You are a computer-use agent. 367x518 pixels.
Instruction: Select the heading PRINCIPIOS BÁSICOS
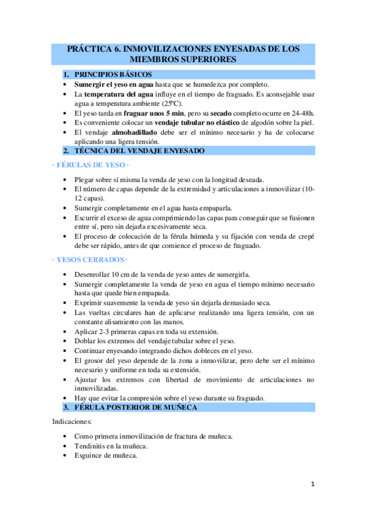(117, 75)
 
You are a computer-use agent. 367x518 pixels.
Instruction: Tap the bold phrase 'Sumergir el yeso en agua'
(114, 84)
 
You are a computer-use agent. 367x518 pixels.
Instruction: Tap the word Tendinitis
(92, 446)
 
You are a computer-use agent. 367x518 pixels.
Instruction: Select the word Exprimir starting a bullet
(91, 303)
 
